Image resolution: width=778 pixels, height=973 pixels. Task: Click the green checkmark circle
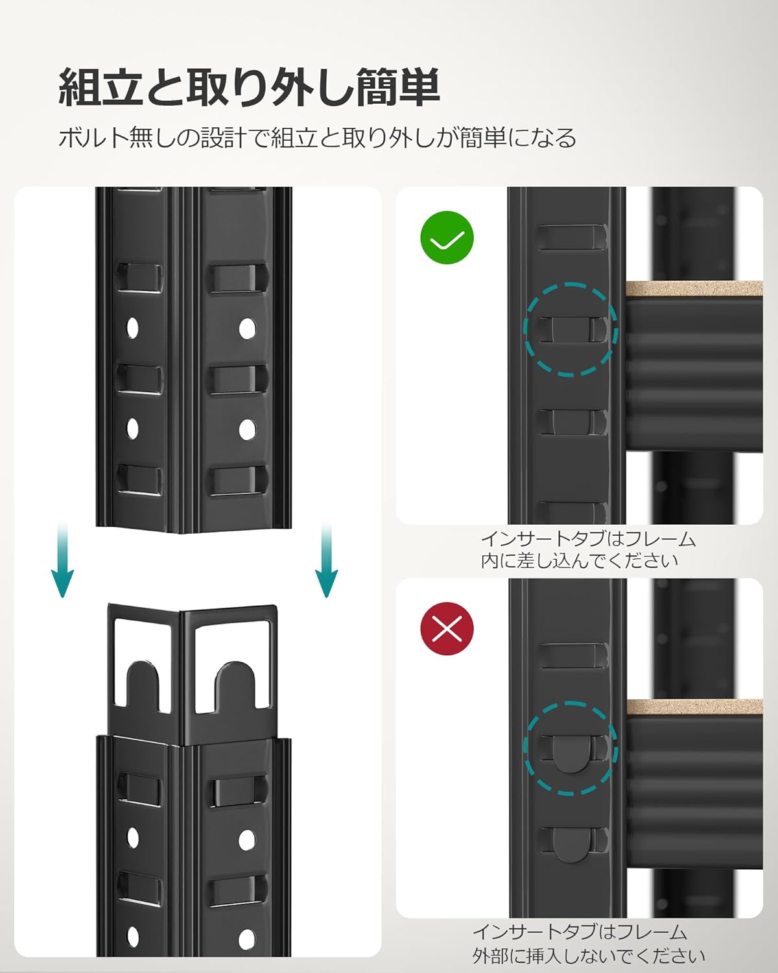click(x=447, y=237)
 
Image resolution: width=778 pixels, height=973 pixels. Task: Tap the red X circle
click(x=447, y=629)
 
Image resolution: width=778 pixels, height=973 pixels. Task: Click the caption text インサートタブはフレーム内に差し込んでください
click(x=587, y=550)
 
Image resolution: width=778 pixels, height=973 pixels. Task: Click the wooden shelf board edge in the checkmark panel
click(x=694, y=289)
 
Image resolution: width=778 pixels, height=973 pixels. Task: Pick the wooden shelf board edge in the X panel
click(x=694, y=706)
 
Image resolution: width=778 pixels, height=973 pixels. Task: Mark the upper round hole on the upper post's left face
click(x=132, y=328)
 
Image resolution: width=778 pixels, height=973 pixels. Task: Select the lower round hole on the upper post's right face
click(x=247, y=429)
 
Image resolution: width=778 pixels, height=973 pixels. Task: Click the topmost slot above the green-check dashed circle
click(x=572, y=237)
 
